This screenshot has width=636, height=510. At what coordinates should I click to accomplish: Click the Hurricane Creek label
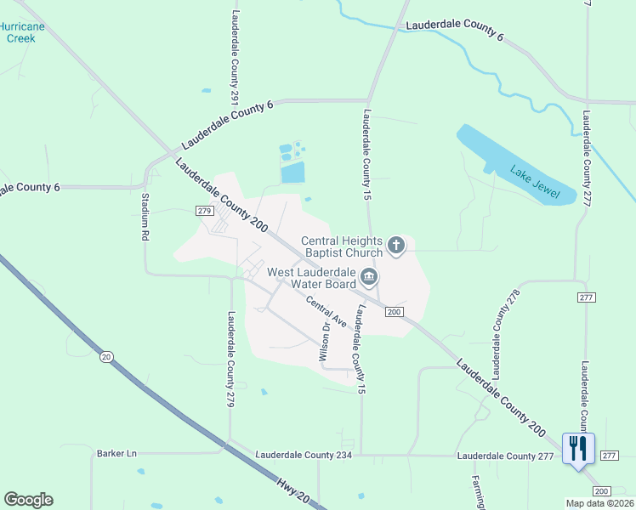(21, 32)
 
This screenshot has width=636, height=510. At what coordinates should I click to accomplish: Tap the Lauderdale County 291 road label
(235, 51)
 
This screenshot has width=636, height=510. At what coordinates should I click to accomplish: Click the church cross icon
(395, 246)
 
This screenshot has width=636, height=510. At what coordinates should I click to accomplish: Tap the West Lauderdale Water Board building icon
(368, 276)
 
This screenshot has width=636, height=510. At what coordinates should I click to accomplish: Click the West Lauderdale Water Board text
(310, 278)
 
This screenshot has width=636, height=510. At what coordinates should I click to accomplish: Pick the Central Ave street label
(327, 312)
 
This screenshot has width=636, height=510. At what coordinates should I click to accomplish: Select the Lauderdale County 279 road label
(230, 359)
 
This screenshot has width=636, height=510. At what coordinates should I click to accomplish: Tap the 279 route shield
(203, 211)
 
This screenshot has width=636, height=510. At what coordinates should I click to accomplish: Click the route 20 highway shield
(105, 357)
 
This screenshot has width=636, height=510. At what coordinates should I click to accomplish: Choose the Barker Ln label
(116, 454)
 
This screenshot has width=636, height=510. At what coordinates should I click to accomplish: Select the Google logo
(28, 500)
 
